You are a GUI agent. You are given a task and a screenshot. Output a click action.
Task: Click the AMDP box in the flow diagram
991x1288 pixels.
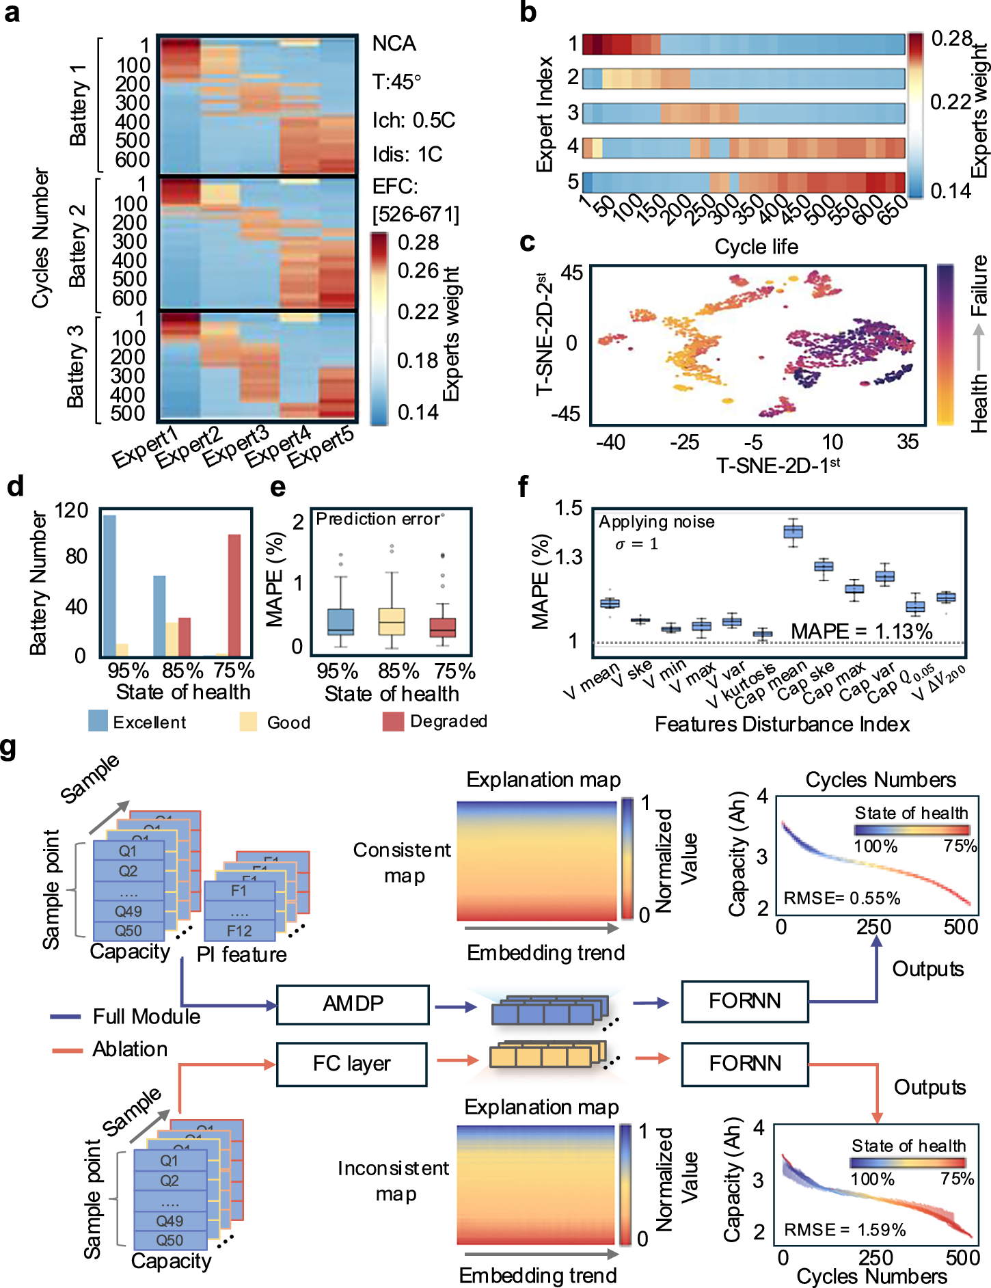point(353,1004)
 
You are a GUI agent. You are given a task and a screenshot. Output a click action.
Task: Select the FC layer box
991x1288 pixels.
point(351,1064)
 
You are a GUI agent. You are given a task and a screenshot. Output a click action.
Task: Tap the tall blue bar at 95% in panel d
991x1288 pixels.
point(109,585)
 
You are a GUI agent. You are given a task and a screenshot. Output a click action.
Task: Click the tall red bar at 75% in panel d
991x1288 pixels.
point(234,595)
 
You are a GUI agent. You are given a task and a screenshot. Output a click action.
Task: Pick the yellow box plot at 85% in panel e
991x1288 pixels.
point(392,621)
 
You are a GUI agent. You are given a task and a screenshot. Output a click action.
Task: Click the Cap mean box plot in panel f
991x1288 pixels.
point(793,531)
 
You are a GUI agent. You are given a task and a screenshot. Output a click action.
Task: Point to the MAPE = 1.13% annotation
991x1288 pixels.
point(861,631)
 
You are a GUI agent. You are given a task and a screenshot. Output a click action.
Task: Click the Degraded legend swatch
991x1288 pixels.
point(393,722)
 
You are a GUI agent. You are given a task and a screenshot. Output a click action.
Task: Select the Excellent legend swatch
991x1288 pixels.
point(98,721)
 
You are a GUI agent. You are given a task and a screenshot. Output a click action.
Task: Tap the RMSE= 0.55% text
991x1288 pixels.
point(841,898)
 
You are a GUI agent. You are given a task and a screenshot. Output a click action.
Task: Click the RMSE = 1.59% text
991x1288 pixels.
point(845,1230)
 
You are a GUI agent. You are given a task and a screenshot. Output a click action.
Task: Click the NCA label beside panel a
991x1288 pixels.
point(394,44)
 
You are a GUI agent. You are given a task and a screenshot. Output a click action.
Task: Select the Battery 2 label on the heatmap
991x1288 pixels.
point(78,245)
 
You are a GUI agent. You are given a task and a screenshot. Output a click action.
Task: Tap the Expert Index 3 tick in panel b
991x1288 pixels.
point(573,112)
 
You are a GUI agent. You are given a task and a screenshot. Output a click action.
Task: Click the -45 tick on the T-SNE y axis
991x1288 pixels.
point(565,414)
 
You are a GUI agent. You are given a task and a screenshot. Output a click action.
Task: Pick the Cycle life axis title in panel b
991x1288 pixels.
point(756,247)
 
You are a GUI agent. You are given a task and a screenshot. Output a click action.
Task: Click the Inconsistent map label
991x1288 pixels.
point(394,1181)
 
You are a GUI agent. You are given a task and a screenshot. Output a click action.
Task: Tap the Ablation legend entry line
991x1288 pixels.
point(66,1049)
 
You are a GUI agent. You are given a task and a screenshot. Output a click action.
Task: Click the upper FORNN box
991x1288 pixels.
point(744,1002)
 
